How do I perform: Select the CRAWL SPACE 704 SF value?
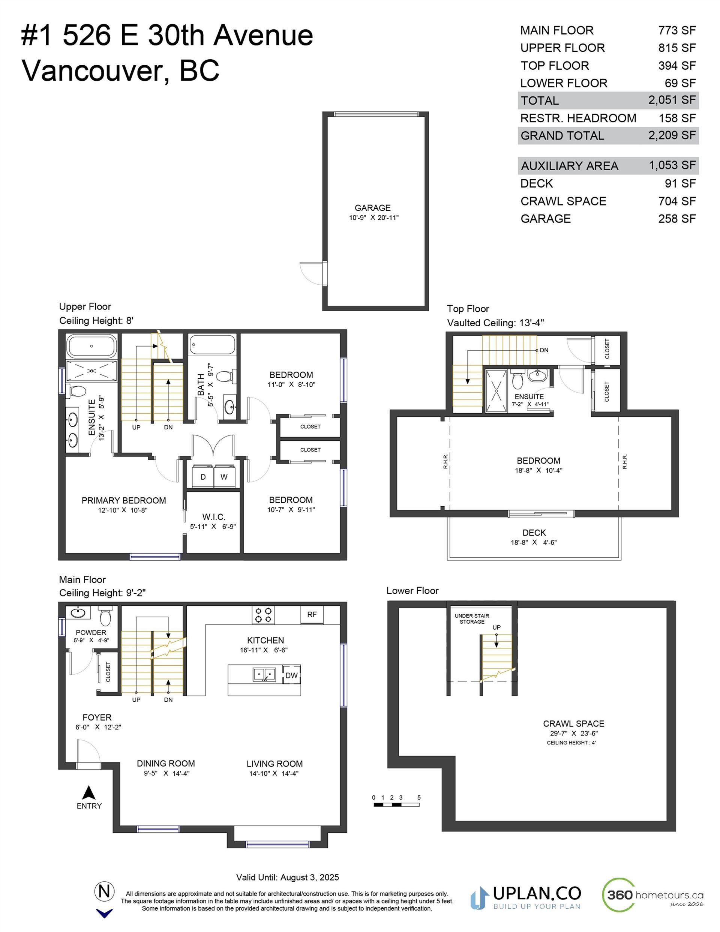676,201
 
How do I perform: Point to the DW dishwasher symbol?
291,675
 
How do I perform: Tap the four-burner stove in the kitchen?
263,615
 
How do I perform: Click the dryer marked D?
203,477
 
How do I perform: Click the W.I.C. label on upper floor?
213,517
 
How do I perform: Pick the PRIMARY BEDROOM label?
124,501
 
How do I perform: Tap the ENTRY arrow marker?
89,793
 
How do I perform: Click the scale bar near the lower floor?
396,805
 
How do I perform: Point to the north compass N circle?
104,891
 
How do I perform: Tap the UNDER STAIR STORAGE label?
472,619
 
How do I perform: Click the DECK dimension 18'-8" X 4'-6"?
534,542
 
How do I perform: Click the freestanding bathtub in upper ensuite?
91,346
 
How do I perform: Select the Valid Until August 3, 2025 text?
287,877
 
